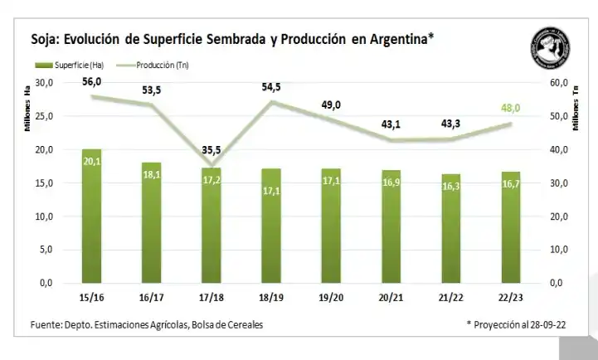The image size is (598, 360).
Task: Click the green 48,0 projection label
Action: point(512,108)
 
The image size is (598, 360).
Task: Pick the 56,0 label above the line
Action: point(92,81)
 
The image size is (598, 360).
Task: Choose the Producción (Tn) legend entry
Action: point(161,64)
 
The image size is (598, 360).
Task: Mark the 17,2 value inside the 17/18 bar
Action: point(211,180)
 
